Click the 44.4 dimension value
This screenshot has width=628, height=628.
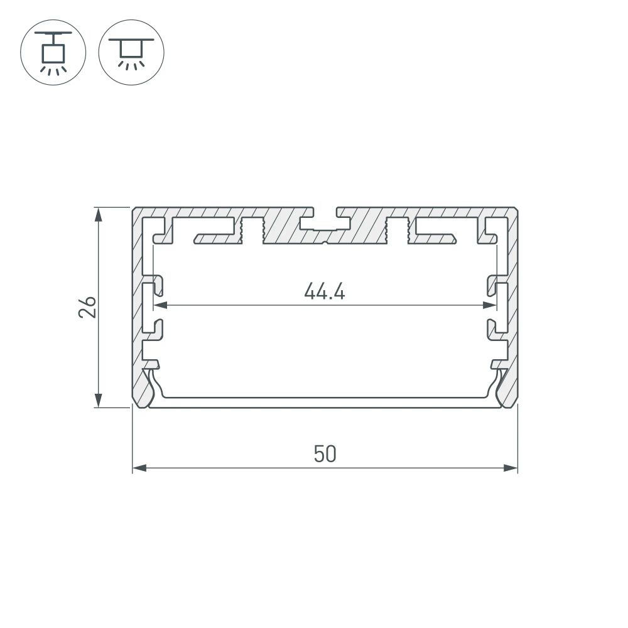[325, 291]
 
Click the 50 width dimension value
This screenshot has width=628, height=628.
[325, 454]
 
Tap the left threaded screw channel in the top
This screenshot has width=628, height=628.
[252, 229]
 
